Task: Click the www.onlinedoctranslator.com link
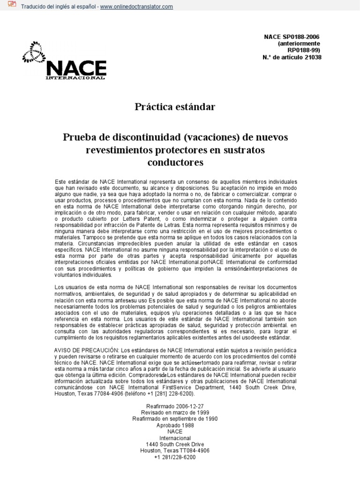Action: (x=136, y=7)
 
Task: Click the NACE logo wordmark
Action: (x=75, y=69)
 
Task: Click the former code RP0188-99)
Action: (x=305, y=51)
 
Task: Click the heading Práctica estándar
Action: (x=174, y=107)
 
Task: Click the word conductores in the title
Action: (x=175, y=162)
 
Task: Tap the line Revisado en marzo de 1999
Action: (x=175, y=412)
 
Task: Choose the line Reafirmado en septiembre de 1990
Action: (x=175, y=419)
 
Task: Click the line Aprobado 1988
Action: (x=175, y=425)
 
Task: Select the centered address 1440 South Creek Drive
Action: (x=175, y=444)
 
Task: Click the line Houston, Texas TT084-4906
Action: (x=175, y=450)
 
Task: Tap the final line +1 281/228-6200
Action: (x=175, y=457)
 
